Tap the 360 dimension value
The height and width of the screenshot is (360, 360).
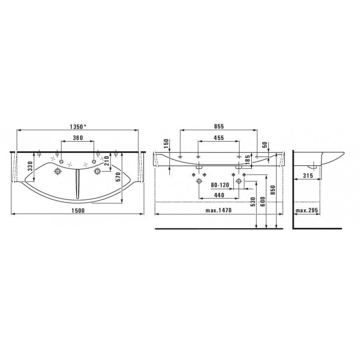coord(78,138)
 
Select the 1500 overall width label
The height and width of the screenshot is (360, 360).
coord(78,211)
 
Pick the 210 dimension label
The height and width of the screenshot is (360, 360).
coord(106,161)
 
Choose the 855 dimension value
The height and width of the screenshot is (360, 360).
coord(219,126)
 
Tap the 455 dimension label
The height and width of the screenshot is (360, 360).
coord(219,138)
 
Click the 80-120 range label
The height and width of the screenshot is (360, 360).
coord(220,185)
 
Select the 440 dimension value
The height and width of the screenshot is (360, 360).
coord(219,195)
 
